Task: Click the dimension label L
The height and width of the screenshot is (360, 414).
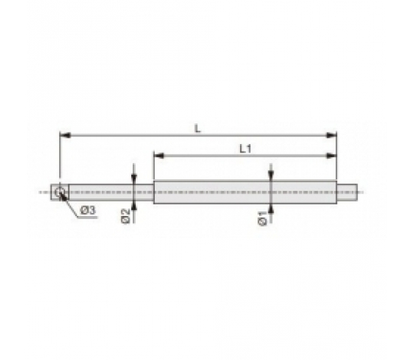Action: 198,129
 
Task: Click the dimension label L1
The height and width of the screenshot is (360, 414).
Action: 245,149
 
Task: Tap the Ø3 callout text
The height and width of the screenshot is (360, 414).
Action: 88,211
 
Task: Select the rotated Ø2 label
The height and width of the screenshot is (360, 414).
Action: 126,216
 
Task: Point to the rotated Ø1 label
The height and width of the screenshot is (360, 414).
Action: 263,218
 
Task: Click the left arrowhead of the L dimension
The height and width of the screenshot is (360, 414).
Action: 65,136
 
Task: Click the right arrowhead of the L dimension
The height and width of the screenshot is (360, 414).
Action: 332,136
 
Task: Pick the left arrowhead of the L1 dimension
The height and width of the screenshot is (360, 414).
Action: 159,155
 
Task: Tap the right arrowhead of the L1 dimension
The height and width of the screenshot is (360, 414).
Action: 332,155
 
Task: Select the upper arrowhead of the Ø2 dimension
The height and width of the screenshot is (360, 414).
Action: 134,179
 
